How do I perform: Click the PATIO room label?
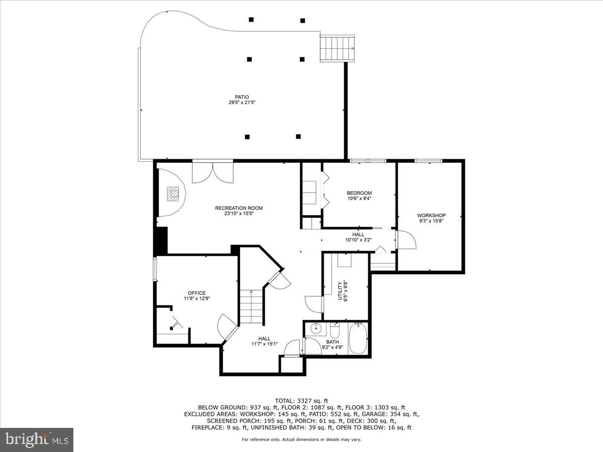pyautogui.click(x=242, y=97)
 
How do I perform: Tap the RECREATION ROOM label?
pyautogui.click(x=239, y=208)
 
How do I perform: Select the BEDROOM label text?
pyautogui.click(x=359, y=193)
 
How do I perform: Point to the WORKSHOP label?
pyautogui.click(x=431, y=215)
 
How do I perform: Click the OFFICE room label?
pyautogui.click(x=196, y=293)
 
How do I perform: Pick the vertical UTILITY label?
pyautogui.click(x=340, y=290)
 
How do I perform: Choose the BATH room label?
pyautogui.click(x=332, y=342)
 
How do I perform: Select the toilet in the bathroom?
pyautogui.click(x=335, y=331)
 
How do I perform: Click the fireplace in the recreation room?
pyautogui.click(x=173, y=193)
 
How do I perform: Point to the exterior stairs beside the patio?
pyautogui.click(x=337, y=48)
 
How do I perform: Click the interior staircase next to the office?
pyautogui.click(x=251, y=307)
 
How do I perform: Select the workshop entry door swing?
pyautogui.click(x=406, y=240)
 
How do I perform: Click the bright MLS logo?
pyautogui.click(x=37, y=439)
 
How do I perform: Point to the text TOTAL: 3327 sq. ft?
pyautogui.click(x=301, y=400)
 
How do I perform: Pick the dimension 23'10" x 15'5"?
pyautogui.click(x=239, y=213)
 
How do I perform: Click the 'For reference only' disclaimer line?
pyautogui.click(x=301, y=439)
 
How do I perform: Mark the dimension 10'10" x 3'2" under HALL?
pyautogui.click(x=358, y=240)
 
